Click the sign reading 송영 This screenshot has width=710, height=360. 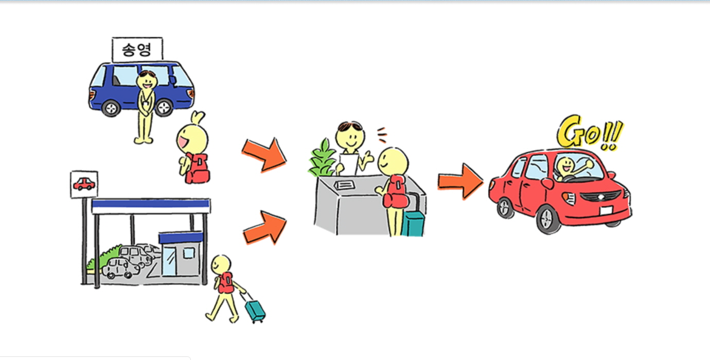tap(137, 50)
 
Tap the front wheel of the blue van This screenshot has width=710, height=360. tap(164, 107)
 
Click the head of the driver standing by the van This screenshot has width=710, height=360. tap(147, 81)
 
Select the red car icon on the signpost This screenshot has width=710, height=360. tap(84, 184)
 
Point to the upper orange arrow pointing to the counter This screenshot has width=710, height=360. tap(264, 155)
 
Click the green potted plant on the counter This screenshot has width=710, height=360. tap(322, 158)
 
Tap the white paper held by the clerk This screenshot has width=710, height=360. tap(349, 164)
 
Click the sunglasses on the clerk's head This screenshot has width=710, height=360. tap(350, 126)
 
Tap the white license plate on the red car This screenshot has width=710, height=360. tap(606, 210)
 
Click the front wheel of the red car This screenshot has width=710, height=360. tap(548, 219)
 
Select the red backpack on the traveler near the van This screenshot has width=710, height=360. tap(197, 168)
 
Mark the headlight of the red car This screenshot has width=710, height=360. tap(569, 198)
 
